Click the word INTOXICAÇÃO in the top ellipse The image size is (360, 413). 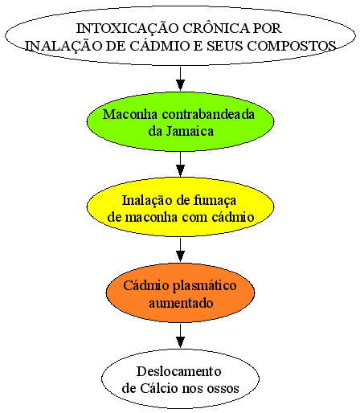click(x=128, y=27)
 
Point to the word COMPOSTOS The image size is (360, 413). click(x=292, y=46)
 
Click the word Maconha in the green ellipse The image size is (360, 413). click(x=130, y=115)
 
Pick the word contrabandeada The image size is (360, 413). click(x=208, y=114)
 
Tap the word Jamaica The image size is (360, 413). click(x=190, y=132)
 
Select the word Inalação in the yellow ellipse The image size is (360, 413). click(x=147, y=200)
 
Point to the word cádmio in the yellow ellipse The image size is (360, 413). click(x=233, y=217)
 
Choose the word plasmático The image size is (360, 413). click(x=204, y=286)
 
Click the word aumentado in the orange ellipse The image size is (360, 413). click(x=181, y=304)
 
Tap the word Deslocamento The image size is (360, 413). click(x=179, y=371)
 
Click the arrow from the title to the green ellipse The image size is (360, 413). click(x=181, y=79)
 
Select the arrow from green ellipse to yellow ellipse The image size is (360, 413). click(x=181, y=165)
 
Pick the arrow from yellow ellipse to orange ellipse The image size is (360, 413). click(x=181, y=250)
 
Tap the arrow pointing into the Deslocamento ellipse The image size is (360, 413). click(x=181, y=336)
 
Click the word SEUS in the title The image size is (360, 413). click(x=225, y=46)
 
